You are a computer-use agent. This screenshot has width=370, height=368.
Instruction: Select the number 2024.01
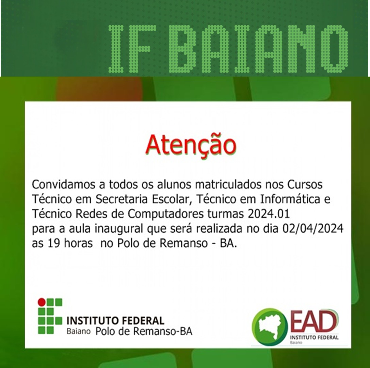coord(269,214)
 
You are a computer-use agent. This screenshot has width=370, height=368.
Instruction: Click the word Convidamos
coord(65,185)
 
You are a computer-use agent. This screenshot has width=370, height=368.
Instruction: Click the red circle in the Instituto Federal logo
coord(42,302)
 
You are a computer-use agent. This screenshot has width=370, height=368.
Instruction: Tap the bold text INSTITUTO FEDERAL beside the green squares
coord(115,321)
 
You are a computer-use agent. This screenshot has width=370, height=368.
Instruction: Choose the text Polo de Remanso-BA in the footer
coord(144,331)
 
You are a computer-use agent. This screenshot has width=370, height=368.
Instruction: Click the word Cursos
coord(305,185)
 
